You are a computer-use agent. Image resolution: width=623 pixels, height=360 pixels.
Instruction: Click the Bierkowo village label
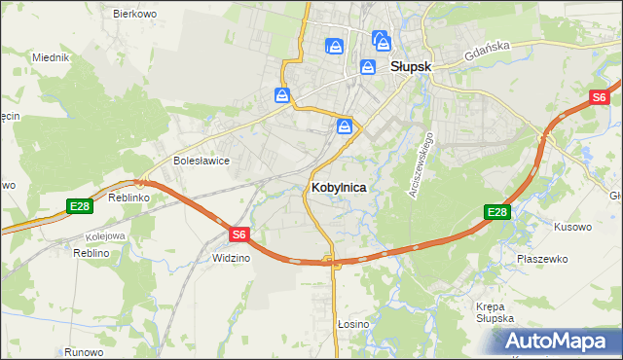pyautogui.click(x=135, y=14)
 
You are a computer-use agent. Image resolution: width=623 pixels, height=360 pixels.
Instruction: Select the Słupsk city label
pyautogui.click(x=411, y=67)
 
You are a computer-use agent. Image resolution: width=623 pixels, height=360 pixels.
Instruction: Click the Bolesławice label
pyautogui.click(x=201, y=161)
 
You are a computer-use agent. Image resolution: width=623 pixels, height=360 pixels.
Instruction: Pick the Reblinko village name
pyautogui.click(x=128, y=197)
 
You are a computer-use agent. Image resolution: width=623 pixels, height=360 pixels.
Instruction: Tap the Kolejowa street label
pyautogui.click(x=104, y=235)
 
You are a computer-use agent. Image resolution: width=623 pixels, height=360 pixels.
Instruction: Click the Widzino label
pyautogui.click(x=231, y=258)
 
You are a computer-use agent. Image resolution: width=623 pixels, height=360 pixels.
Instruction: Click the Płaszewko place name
pyautogui.click(x=543, y=259)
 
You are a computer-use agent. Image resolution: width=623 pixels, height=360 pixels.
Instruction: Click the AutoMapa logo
pyautogui.click(x=558, y=341)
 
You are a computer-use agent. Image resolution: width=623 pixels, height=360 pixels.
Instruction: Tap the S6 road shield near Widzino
pyautogui.click(x=240, y=234)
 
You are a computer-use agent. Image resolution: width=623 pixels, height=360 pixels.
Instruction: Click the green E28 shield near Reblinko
pyautogui.click(x=80, y=205)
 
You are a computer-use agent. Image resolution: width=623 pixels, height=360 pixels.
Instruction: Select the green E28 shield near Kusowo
pyautogui.click(x=497, y=212)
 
